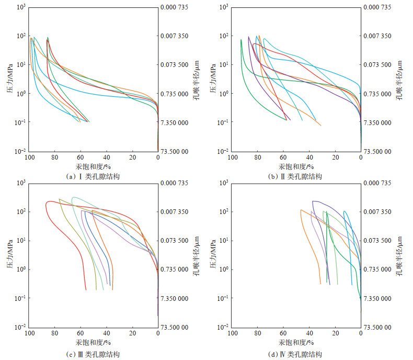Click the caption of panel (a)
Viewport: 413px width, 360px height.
coord(94,177)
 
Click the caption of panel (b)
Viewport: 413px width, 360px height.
coord(295,177)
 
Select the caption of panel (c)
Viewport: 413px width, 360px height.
coord(94,355)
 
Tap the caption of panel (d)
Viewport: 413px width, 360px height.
coord(295,355)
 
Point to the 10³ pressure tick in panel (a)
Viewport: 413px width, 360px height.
coord(20,7)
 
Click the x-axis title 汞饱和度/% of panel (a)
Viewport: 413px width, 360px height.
coord(94,166)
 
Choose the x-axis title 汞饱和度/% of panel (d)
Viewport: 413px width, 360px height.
coord(296,342)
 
